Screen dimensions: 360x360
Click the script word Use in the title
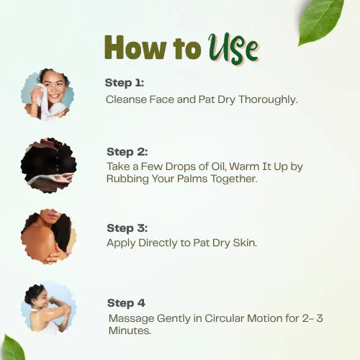233,48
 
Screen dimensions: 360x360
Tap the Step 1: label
125,83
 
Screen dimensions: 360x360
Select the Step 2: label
127,152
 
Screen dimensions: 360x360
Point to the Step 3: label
127,228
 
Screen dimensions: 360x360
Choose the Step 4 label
125,303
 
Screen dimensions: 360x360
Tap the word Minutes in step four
130,330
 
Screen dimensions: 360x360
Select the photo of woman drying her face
48,94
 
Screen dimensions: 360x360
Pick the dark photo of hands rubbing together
48,165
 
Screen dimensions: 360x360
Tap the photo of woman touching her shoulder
48,237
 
